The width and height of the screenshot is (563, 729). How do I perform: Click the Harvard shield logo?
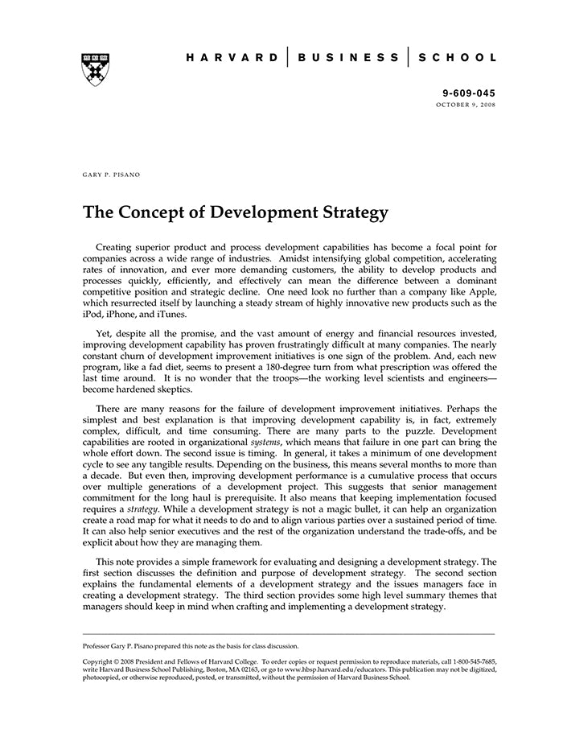(96, 70)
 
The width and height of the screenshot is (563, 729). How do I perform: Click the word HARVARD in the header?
(232, 58)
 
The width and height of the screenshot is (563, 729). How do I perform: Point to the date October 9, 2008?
(466, 105)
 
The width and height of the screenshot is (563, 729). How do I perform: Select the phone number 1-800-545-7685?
(471, 661)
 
